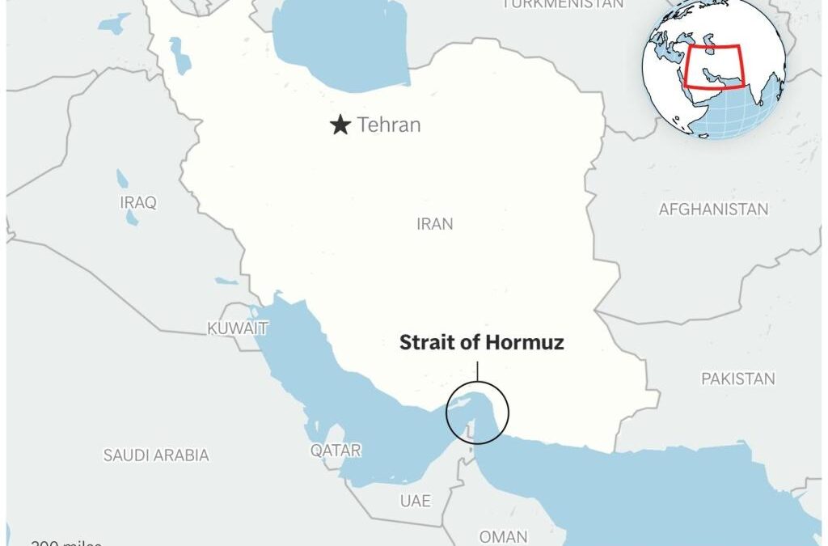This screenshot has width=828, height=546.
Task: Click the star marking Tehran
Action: click(x=340, y=125)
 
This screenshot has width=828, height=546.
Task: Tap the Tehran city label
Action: click(x=389, y=125)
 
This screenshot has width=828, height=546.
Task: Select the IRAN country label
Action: click(x=435, y=224)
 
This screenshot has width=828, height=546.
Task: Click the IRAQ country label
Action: click(x=138, y=202)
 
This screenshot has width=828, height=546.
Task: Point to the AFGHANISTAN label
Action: click(x=713, y=210)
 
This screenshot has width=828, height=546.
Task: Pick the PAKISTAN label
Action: click(x=737, y=379)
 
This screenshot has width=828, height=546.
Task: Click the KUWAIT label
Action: click(x=237, y=328)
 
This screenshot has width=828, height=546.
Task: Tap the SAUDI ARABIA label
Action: click(x=156, y=455)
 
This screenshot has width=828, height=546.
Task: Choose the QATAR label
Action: click(x=336, y=451)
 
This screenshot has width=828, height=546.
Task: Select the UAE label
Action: click(x=415, y=501)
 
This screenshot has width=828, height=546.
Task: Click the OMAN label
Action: click(x=503, y=536)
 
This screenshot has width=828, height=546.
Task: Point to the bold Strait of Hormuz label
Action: click(x=481, y=343)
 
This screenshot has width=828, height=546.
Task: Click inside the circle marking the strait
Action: click(x=477, y=413)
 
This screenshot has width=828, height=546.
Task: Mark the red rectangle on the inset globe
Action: click(x=715, y=67)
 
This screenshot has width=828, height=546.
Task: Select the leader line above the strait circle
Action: click(x=477, y=371)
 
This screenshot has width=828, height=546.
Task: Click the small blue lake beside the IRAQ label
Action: click(x=123, y=179)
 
